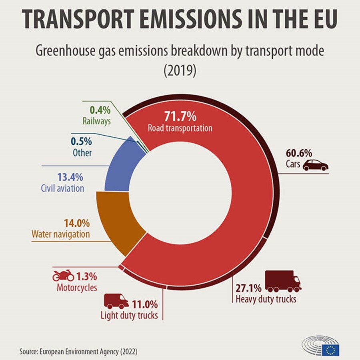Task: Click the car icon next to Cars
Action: click(315, 165)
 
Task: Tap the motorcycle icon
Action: click(64, 275)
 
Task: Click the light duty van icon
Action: click(116, 301)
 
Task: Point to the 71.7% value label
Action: click(180, 117)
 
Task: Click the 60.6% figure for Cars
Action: click(299, 153)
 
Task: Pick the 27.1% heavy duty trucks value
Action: click(248, 288)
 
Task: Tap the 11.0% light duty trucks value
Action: click(145, 305)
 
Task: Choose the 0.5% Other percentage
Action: click(82, 142)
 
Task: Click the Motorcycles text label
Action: click(77, 287)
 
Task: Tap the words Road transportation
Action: click(180, 129)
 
